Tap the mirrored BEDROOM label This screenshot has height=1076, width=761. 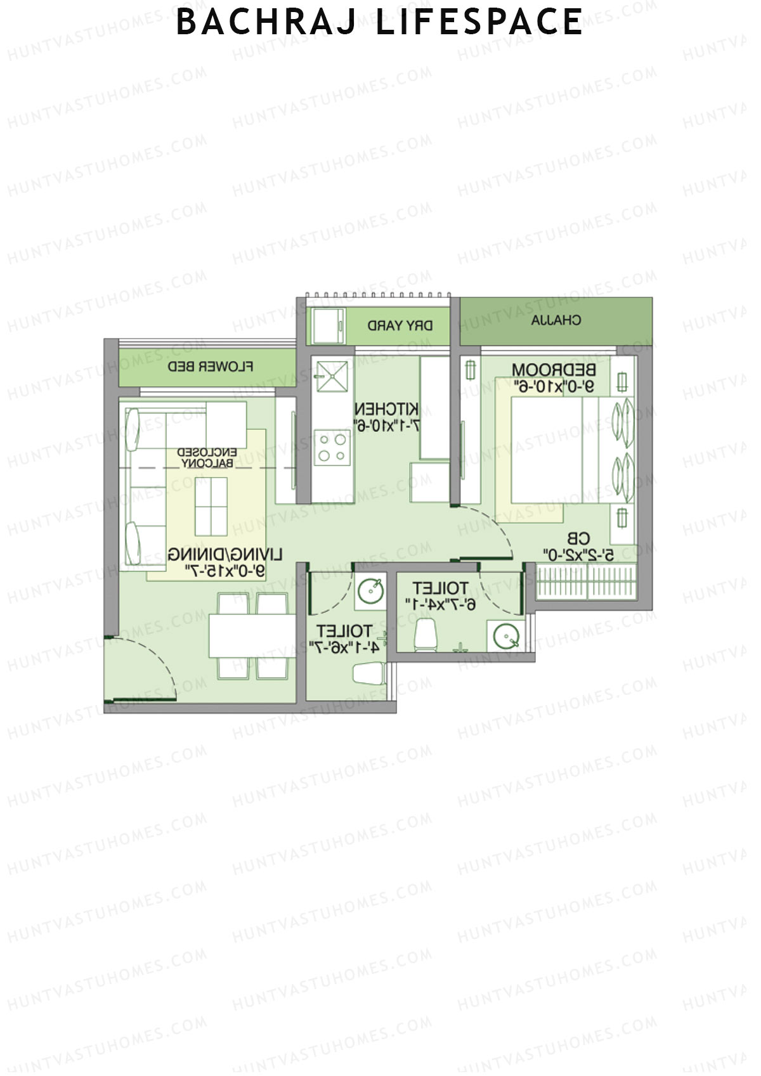click(554, 369)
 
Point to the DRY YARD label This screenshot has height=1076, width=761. click(400, 326)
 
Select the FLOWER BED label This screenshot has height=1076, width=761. click(211, 366)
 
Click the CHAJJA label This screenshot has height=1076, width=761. click(556, 320)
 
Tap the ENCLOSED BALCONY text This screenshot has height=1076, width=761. click(207, 458)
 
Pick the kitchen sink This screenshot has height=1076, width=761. click(332, 377)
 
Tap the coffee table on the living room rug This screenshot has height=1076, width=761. click(211, 507)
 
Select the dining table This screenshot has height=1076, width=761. click(252, 635)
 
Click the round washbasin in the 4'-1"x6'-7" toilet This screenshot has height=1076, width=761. click(370, 592)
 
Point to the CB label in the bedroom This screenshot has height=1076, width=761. click(578, 539)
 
